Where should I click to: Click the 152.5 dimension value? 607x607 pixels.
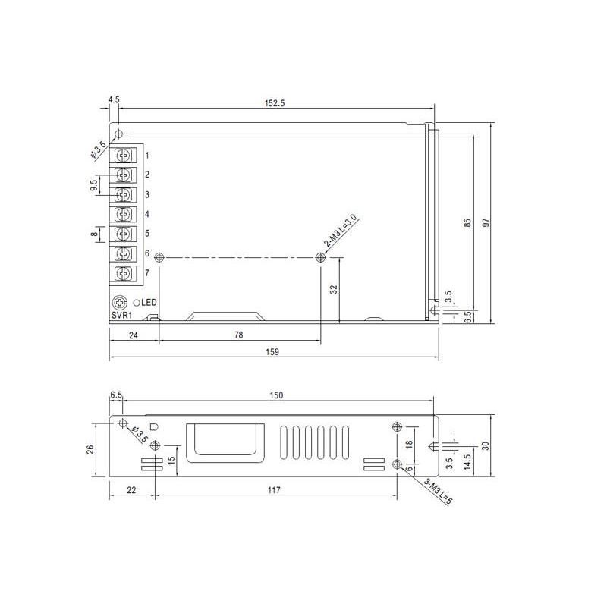[275, 103]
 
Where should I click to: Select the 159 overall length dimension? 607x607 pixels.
[272, 352]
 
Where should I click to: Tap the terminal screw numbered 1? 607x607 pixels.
[124, 156]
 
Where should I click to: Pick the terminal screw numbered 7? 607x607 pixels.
[124, 273]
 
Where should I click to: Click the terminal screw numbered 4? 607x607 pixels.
[124, 214]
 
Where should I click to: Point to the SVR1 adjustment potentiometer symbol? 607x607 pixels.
[120, 302]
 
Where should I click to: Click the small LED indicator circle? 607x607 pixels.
[137, 303]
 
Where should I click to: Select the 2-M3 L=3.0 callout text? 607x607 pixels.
[340, 231]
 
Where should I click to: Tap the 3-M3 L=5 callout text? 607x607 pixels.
[438, 492]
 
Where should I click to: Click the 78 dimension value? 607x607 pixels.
[239, 335]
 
